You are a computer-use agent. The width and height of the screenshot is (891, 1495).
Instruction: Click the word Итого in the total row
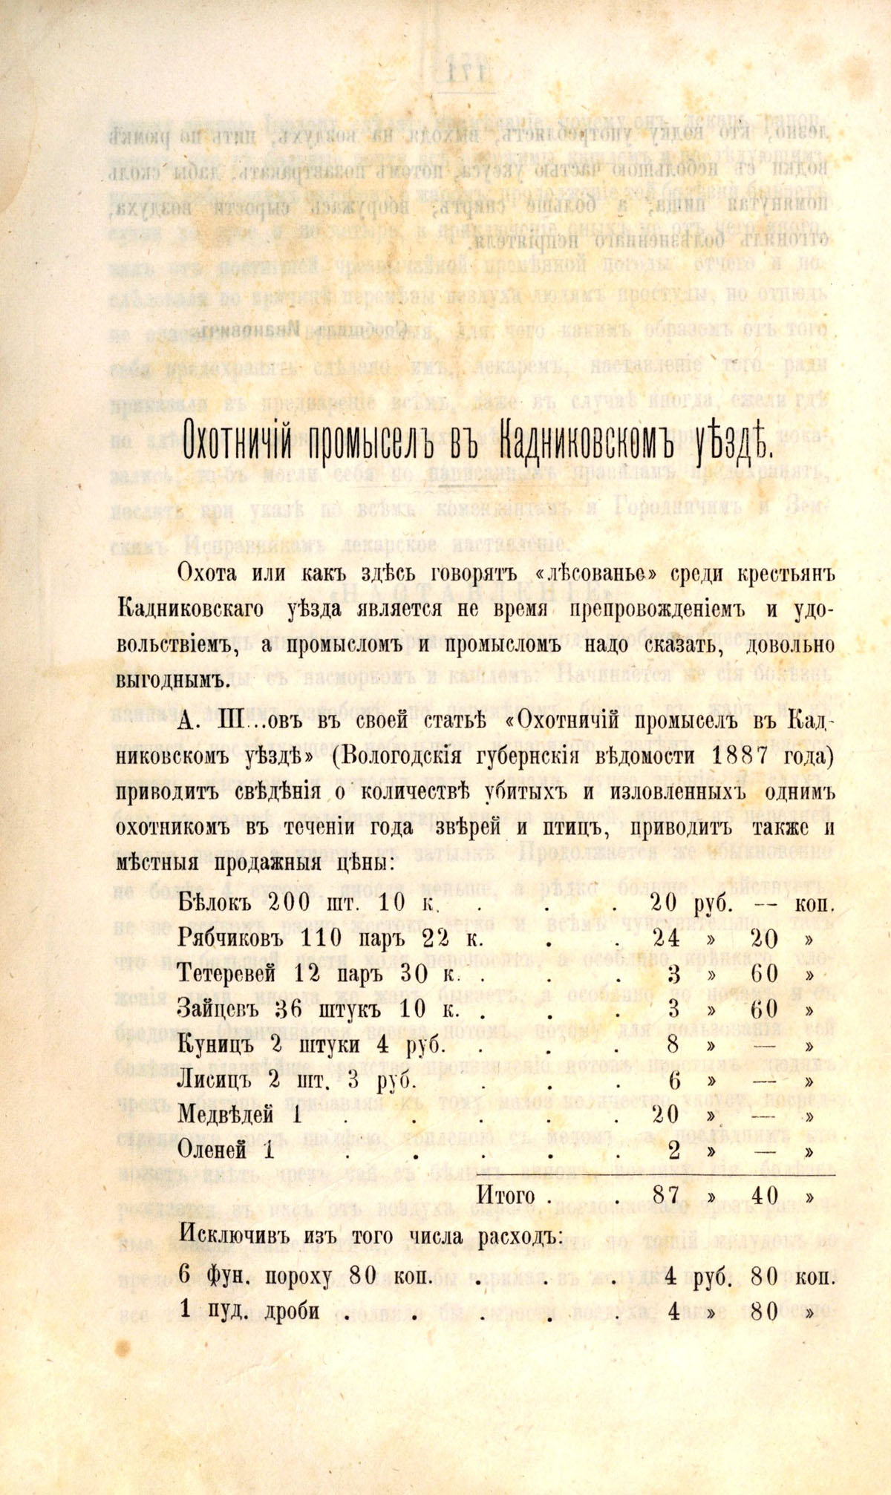pos(506,1196)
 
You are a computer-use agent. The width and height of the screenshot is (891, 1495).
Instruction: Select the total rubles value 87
pos(665,1196)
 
